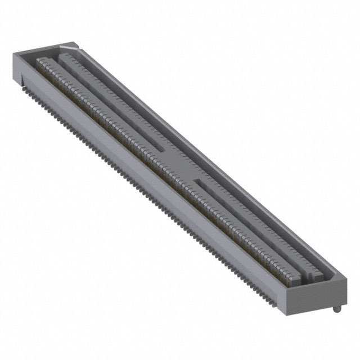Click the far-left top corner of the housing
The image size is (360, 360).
click(x=13, y=52)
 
